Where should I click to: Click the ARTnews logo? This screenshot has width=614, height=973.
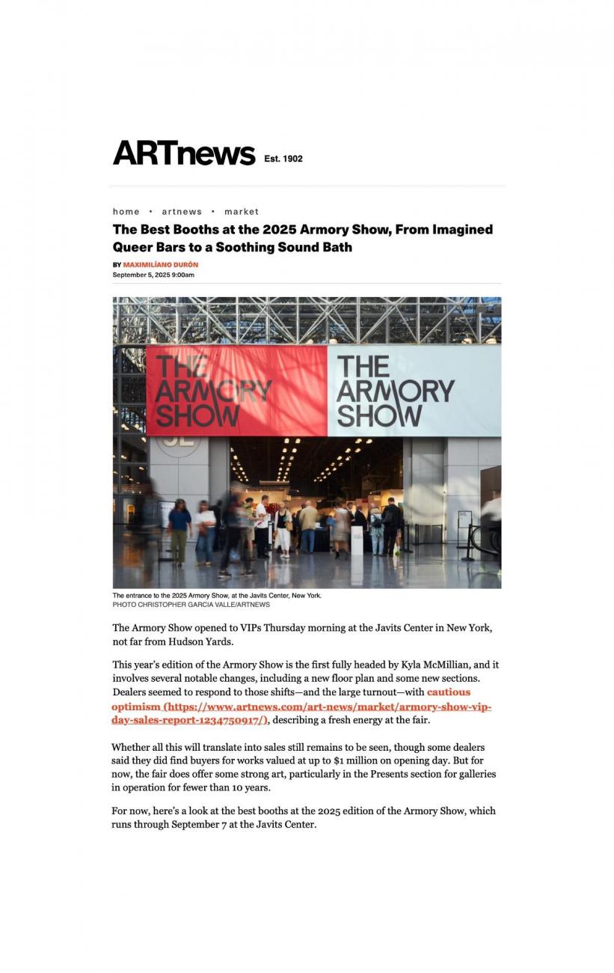pyautogui.click(x=184, y=153)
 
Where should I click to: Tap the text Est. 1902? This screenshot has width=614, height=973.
pyautogui.click(x=283, y=159)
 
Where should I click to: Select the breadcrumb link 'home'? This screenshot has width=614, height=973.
pyautogui.click(x=126, y=212)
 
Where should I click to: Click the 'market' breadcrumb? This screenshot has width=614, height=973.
pyautogui.click(x=241, y=212)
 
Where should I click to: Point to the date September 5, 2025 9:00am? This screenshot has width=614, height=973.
pyautogui.click(x=153, y=275)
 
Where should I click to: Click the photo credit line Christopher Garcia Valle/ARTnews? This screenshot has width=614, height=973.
pyautogui.click(x=191, y=605)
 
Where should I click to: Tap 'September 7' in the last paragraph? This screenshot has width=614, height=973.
pyautogui.click(x=200, y=825)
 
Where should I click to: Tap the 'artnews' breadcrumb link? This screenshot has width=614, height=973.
pyautogui.click(x=182, y=212)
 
